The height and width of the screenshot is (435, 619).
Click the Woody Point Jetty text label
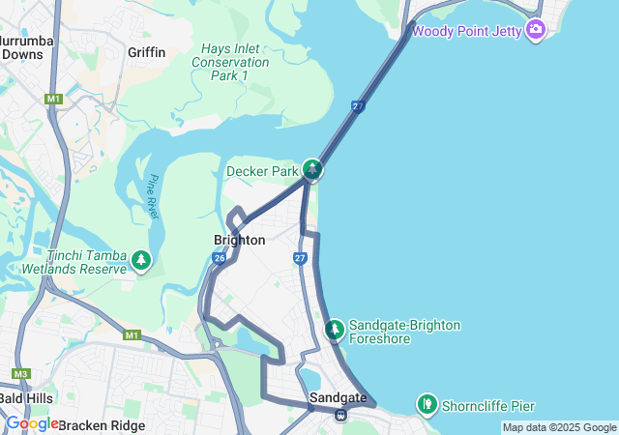(x=467, y=31)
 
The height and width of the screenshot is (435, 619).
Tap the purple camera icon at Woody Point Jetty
(x=536, y=31)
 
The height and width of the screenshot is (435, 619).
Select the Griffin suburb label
(x=147, y=52)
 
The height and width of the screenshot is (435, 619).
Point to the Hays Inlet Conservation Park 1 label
(x=230, y=62)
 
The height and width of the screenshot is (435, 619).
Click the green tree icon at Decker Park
(x=312, y=170)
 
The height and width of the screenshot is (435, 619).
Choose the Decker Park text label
(x=261, y=171)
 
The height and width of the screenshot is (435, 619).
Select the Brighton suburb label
(x=239, y=240)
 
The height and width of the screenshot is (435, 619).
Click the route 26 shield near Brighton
(x=220, y=258)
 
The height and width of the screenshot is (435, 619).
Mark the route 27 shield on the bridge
(x=358, y=106)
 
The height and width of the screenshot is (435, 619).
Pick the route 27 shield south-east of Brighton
(x=300, y=258)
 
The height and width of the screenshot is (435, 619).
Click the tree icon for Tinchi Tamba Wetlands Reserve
(x=142, y=261)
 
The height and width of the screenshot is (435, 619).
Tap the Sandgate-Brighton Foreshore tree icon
(x=334, y=331)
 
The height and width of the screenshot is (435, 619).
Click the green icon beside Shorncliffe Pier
(x=427, y=403)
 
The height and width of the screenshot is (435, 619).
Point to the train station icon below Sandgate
(x=340, y=416)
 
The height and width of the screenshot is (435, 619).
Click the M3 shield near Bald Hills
(x=20, y=373)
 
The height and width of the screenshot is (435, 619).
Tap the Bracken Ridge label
(x=102, y=425)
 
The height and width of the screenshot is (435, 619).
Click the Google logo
(x=32, y=423)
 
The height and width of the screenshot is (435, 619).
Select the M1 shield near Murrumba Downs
(x=53, y=100)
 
